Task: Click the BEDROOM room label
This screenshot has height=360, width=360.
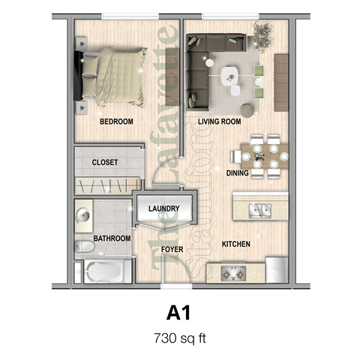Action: tap(117, 121)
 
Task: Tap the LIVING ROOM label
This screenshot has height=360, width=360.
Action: tap(219, 121)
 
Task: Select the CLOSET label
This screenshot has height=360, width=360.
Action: tap(104, 162)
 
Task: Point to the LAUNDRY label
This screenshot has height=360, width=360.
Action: tap(163, 208)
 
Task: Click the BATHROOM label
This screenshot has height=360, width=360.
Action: tap(112, 238)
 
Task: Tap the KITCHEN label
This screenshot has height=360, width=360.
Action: tap(235, 244)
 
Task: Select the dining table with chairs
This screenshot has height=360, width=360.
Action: tap(260, 155)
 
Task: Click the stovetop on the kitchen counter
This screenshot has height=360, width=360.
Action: tap(232, 271)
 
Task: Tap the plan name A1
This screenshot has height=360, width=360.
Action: tap(179, 310)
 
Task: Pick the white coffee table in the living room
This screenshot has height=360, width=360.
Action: tap(230, 73)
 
